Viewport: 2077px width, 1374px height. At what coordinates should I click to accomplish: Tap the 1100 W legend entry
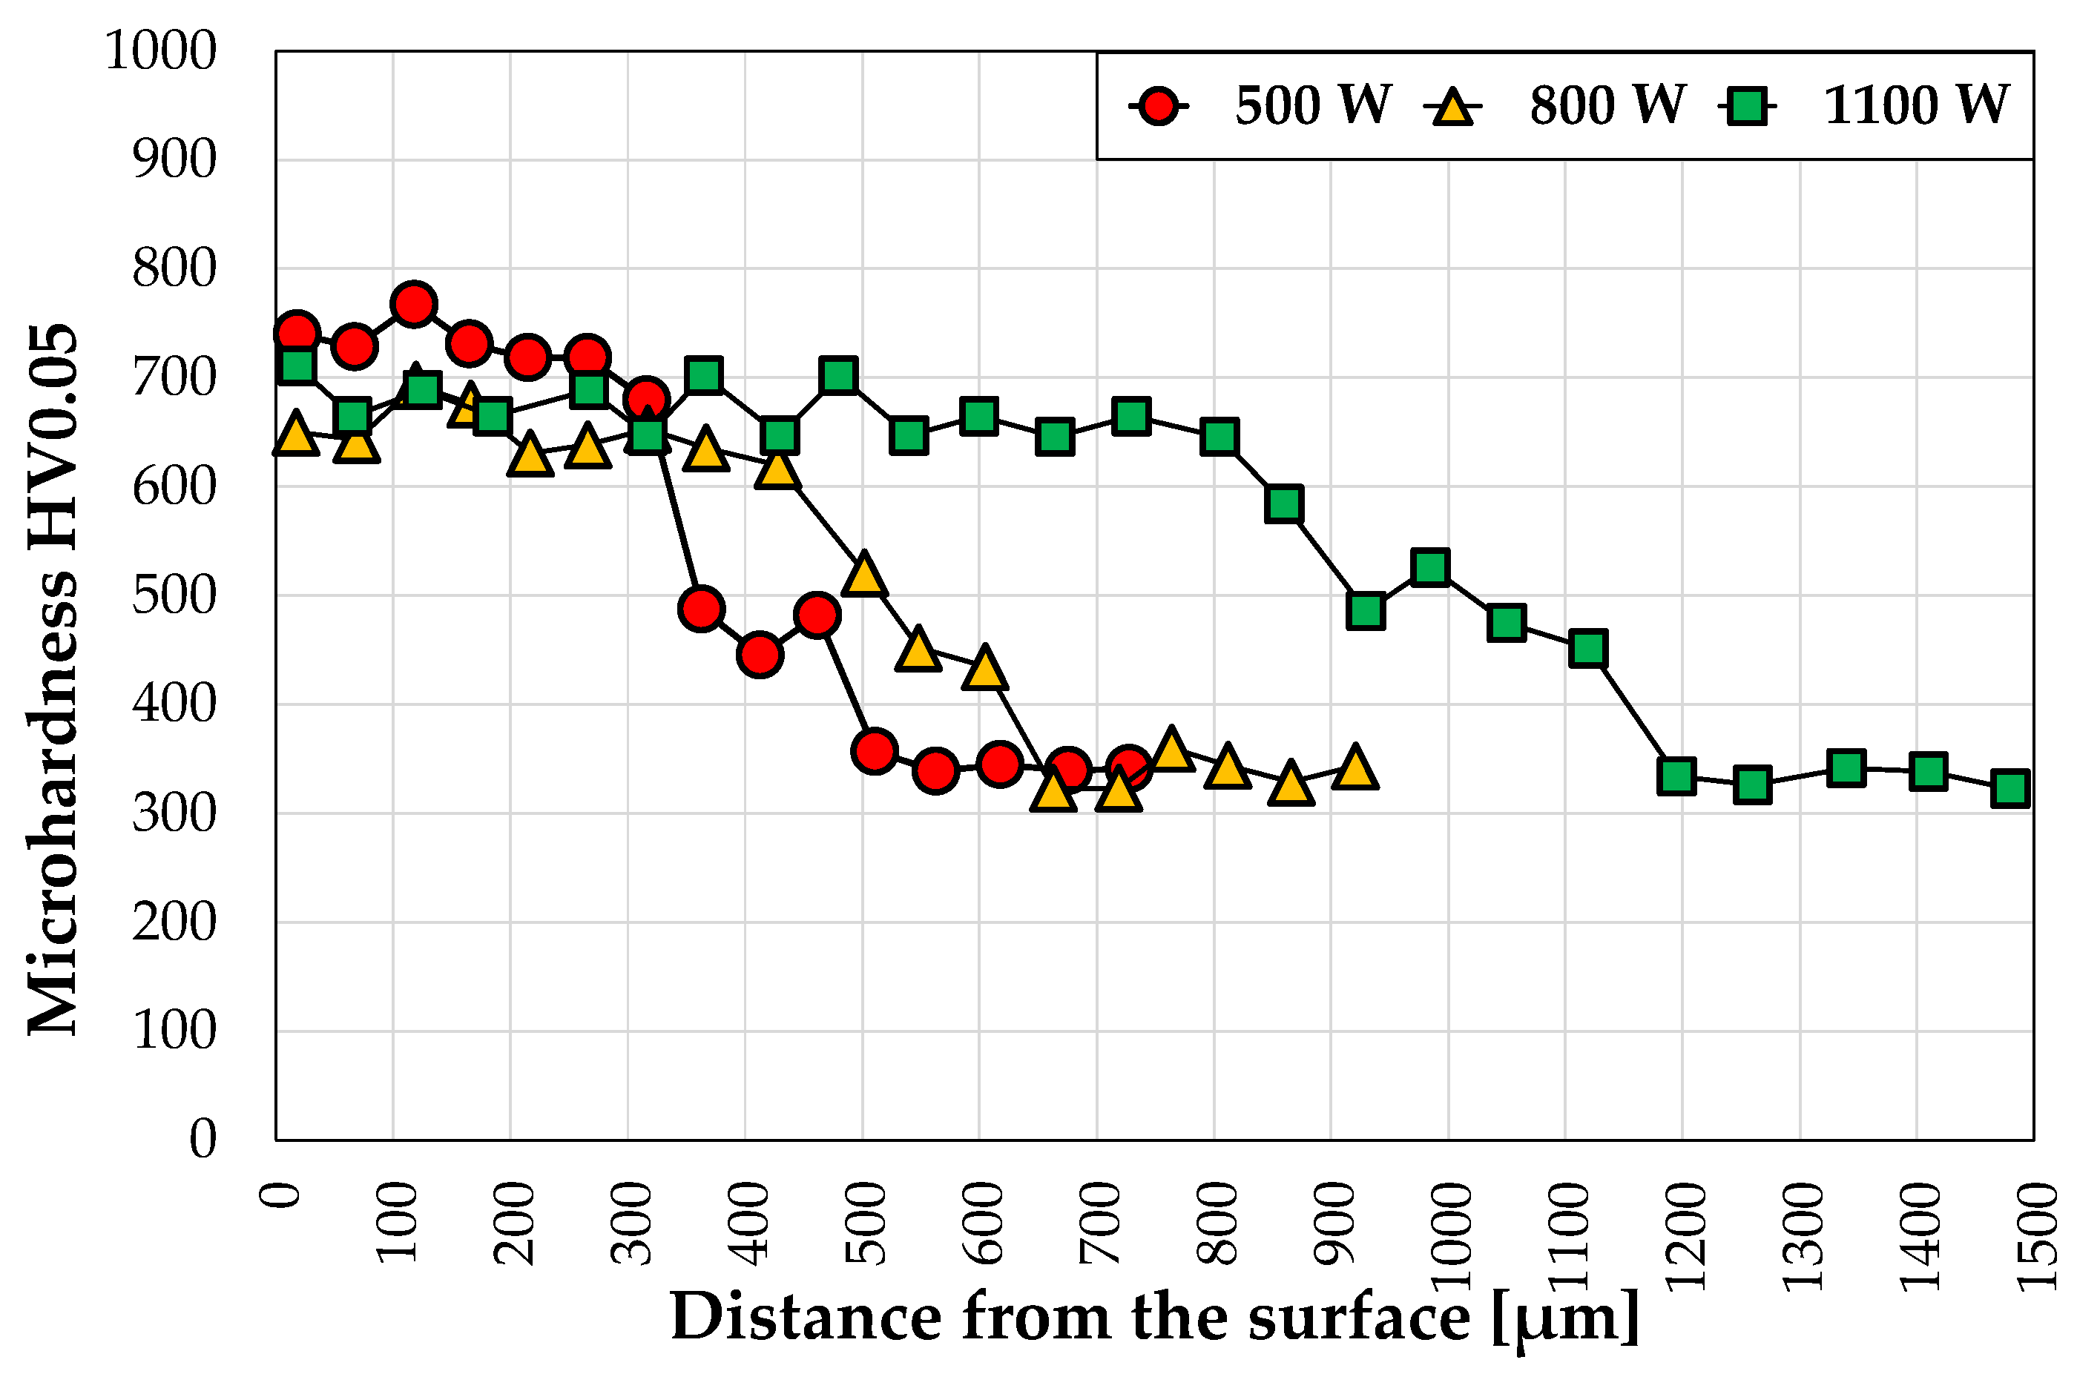[x=1915, y=106]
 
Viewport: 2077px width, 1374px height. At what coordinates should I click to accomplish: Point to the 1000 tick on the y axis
[x=160, y=51]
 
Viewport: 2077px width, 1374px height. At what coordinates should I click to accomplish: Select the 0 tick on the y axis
[x=203, y=1139]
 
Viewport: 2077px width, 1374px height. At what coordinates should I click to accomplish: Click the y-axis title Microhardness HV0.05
[x=53, y=679]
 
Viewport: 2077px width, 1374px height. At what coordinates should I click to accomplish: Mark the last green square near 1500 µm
[x=2010, y=787]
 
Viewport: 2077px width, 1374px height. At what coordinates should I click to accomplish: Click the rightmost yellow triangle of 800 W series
[x=1355, y=767]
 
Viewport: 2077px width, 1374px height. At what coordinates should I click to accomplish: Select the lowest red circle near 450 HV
[x=760, y=655]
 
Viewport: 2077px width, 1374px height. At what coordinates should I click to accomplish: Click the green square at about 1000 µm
[x=1430, y=567]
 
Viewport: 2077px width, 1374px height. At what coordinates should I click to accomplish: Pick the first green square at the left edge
[x=297, y=366]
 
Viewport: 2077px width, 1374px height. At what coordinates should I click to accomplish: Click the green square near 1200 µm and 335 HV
[x=1676, y=776]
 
